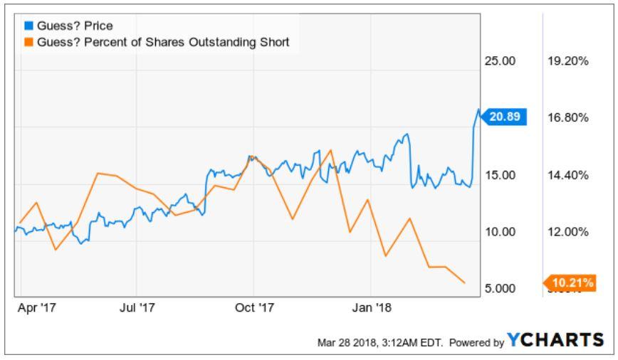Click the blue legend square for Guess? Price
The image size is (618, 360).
tap(28, 26)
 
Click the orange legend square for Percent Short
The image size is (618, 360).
tap(28, 42)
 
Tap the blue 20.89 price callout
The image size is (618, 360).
tap(504, 117)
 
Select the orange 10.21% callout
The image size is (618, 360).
tap(570, 282)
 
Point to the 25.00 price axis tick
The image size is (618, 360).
tap(500, 61)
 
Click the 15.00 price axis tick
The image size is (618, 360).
tap(500, 175)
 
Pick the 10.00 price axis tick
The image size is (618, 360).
tap(500, 232)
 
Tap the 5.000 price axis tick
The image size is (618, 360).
tap(500, 288)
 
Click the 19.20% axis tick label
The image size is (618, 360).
tap(568, 61)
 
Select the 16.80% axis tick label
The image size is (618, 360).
tap(568, 117)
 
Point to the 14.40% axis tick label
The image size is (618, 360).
tap(568, 175)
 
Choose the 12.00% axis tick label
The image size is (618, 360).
tap(568, 232)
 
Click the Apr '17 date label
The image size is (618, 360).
tap(36, 307)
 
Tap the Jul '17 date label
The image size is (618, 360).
tap(137, 307)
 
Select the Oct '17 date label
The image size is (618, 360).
tap(254, 307)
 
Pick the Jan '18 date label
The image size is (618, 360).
tap(372, 307)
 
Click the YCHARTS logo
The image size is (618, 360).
tap(555, 339)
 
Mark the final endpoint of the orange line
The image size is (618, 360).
tap(465, 282)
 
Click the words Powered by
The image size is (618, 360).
tap(476, 343)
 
